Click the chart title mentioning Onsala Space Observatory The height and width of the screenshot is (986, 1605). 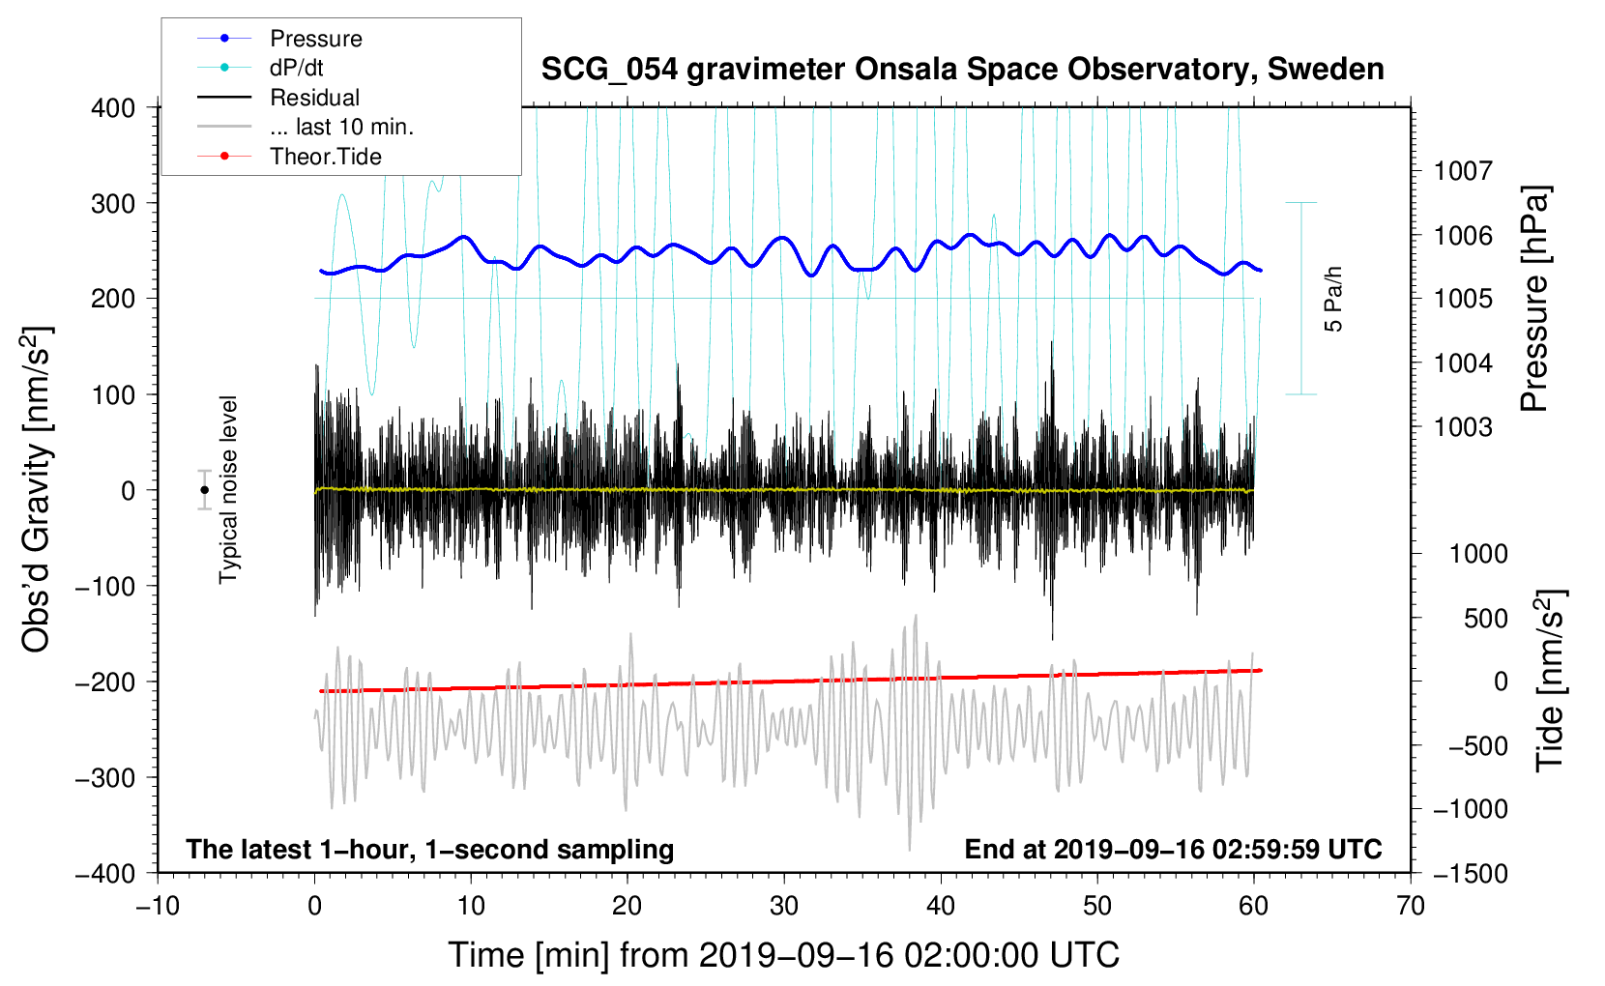tap(962, 70)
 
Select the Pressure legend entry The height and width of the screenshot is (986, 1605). tap(315, 39)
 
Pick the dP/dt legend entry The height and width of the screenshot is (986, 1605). tap(296, 68)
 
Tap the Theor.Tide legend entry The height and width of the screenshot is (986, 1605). tap(325, 157)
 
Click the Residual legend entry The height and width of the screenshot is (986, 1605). tap(314, 98)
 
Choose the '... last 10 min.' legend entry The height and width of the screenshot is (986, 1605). tap(341, 127)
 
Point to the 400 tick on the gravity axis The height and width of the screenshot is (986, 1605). tap(113, 107)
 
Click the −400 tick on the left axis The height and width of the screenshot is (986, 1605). tap(106, 873)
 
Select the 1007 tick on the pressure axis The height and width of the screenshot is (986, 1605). tap(1463, 171)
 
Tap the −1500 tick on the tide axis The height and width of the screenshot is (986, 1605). tap(1470, 873)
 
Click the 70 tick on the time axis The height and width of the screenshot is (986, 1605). tap(1411, 906)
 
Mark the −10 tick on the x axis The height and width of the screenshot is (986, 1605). tap(158, 906)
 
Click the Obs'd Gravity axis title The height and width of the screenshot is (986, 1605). tap(37, 490)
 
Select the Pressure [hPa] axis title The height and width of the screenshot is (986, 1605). tap(1534, 300)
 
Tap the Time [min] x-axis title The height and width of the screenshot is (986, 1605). tap(783, 955)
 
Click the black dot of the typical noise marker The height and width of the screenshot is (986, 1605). tap(205, 490)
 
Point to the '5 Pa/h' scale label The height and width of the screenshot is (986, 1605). tap(1333, 299)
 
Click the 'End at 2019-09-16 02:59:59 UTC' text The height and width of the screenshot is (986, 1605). tap(1173, 849)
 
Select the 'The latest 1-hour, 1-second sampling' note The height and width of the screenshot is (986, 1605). tap(430, 849)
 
